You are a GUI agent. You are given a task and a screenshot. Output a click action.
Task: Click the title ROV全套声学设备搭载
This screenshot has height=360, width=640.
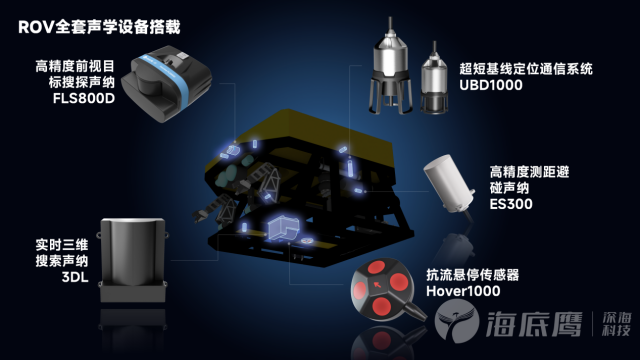pos(99,27)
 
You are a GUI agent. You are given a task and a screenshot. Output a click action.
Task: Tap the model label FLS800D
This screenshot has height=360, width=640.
pos(84,99)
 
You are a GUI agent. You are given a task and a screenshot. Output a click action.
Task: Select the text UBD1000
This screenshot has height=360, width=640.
pos(491,85)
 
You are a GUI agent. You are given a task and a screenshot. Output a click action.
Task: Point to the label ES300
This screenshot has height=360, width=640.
pos(511,204)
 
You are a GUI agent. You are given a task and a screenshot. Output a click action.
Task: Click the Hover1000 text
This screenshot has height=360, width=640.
pos(463,291)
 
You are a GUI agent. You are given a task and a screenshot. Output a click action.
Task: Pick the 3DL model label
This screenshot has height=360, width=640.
pos(75,278)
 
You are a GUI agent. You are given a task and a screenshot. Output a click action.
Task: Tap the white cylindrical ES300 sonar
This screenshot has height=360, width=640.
pos(449,184)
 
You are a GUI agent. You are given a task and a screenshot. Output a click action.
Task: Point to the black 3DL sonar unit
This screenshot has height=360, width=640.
pos(133,260)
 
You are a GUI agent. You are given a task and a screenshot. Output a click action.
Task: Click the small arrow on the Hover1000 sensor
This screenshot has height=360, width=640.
pos(378,284)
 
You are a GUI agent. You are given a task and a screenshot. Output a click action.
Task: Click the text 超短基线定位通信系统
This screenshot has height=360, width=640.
pos(526,69)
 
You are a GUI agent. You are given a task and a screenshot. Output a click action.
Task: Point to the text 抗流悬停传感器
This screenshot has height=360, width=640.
pos(473,275)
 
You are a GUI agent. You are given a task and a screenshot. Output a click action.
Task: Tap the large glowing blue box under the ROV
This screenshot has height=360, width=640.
pos(283,228)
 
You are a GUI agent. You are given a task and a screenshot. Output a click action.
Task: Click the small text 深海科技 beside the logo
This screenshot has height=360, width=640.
pos(616,324)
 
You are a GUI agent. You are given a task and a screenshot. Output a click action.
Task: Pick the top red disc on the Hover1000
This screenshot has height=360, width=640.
pos(376,267)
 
